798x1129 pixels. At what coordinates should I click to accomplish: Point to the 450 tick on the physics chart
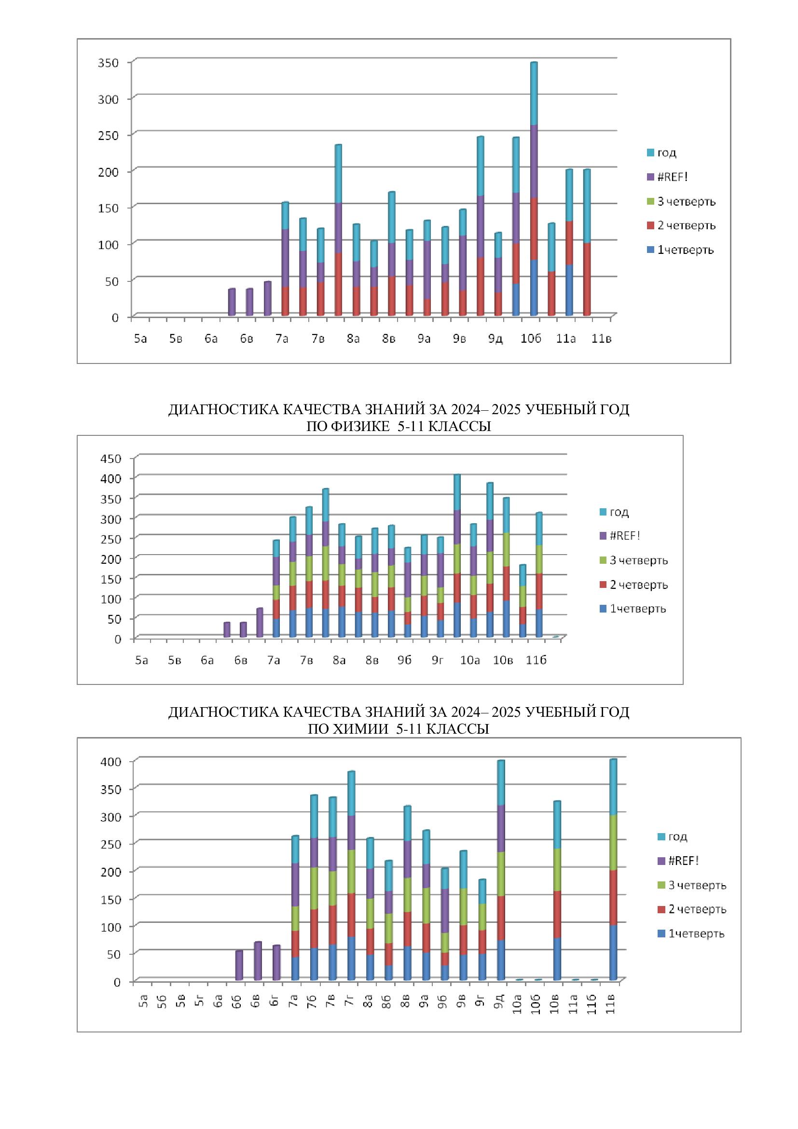[110, 458]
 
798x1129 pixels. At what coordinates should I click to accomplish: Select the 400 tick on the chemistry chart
[110, 762]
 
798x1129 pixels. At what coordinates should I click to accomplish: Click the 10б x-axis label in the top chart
[531, 339]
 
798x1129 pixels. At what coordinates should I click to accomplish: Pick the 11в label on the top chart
[601, 339]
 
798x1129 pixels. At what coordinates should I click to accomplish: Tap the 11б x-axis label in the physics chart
[536, 660]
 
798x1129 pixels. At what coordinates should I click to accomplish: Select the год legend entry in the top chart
[666, 153]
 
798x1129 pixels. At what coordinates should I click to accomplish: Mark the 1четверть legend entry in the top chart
[685, 250]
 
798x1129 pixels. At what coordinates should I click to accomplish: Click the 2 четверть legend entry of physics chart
[638, 585]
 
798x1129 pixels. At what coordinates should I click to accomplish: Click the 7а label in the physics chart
[274, 660]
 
